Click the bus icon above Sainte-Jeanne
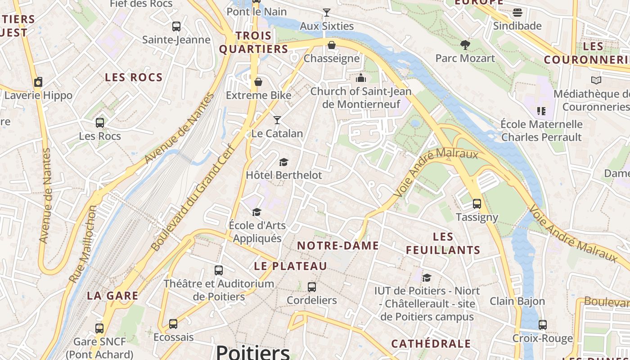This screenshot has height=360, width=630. tap(176, 27)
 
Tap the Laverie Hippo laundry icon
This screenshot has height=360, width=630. tap(38, 82)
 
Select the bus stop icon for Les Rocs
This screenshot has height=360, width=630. tap(100, 122)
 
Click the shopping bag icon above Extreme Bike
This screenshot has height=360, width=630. tap(258, 82)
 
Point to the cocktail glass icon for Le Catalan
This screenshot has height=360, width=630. tap(277, 120)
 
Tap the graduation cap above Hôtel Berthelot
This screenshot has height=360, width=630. tap(283, 162)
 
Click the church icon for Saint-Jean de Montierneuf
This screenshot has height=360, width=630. tap(361, 78)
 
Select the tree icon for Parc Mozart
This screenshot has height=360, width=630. tap(465, 45)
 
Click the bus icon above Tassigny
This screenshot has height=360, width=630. tap(477, 204)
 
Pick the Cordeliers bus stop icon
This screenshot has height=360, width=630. tap(311, 287)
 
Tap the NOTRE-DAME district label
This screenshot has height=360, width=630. tap(338, 246)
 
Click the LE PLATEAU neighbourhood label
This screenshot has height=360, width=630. tap(290, 266)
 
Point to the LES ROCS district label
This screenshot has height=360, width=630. tap(134, 77)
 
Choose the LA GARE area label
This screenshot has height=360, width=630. tap(112, 296)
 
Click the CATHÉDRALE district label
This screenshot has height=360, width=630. tap(431, 344)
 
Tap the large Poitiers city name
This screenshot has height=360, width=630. tap(253, 352)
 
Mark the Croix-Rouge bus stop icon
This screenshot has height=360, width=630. tap(543, 325)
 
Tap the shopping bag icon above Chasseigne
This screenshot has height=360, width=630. tap(332, 45)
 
